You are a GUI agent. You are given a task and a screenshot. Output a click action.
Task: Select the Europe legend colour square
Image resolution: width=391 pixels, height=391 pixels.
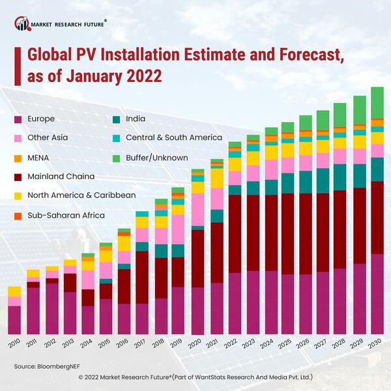coord(18,119)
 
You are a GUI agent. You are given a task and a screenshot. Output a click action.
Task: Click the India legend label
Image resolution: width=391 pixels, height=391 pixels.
coord(136,119)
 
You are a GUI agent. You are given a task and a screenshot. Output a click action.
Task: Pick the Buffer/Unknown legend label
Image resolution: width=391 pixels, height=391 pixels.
coord(156,157)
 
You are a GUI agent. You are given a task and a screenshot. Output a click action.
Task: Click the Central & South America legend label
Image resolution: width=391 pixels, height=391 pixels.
coord(174,138)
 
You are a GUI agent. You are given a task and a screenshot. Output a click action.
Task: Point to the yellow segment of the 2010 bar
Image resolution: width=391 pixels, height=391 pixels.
coord(14,291)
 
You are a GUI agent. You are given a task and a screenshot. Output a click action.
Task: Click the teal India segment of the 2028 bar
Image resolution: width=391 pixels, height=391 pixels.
coord(340,177)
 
